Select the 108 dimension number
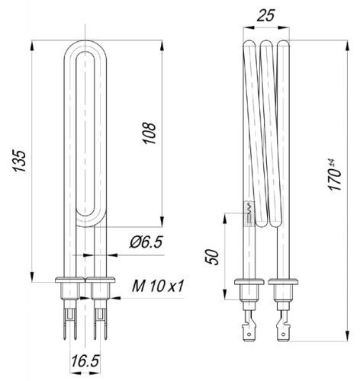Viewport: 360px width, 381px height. tap(150, 133)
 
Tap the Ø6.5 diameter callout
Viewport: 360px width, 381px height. tap(145, 243)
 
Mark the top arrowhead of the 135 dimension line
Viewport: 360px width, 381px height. tap(33, 44)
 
